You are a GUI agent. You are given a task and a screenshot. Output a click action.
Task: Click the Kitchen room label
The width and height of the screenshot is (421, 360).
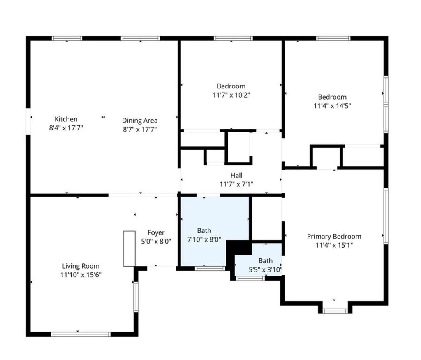[66, 119]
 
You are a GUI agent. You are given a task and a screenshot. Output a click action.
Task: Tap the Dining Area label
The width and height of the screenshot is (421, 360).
[140, 121]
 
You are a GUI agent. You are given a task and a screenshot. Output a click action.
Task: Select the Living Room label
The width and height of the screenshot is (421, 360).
[81, 266]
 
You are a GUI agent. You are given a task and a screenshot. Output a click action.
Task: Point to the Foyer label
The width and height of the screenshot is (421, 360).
[156, 232]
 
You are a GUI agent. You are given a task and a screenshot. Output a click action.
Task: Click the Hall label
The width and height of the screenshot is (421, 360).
[236, 175]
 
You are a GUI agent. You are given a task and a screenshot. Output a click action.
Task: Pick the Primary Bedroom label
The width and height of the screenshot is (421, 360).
[334, 237]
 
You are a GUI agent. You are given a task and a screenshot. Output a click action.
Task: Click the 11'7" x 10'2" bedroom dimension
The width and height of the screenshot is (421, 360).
[231, 95]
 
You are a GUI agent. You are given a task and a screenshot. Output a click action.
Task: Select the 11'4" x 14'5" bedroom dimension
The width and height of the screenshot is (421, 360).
[332, 106]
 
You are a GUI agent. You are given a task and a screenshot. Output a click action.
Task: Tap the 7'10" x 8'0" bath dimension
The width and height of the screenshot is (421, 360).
[204, 239]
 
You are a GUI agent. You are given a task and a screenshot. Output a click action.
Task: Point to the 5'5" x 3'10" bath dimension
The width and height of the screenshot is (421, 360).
[266, 269]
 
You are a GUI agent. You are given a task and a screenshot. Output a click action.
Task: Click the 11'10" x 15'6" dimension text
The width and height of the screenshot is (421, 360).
[81, 275]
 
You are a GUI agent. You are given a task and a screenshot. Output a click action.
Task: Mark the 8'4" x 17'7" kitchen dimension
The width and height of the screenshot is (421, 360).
[66, 128]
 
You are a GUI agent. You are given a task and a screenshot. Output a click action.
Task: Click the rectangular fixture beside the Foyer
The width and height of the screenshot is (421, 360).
[129, 249]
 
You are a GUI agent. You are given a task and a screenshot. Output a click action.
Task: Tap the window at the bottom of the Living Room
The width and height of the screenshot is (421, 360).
[81, 334]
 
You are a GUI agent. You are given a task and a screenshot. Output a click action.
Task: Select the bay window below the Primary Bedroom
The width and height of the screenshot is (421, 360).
[335, 311]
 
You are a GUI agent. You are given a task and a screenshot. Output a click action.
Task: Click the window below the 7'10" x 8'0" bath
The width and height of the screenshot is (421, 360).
[210, 268]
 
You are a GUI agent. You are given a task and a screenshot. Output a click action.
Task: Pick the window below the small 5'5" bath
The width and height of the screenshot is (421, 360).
[250, 278]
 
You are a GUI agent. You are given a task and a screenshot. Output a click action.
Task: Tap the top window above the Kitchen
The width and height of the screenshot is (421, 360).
[67, 38]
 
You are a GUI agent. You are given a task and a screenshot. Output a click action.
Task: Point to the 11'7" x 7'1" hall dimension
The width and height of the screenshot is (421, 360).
[236, 184]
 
